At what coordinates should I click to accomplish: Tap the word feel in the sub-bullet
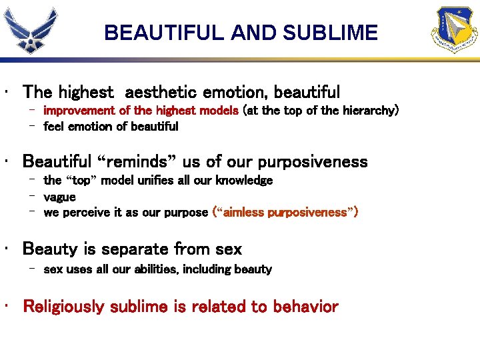(55, 126)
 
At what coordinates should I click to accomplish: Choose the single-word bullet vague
(59, 197)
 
